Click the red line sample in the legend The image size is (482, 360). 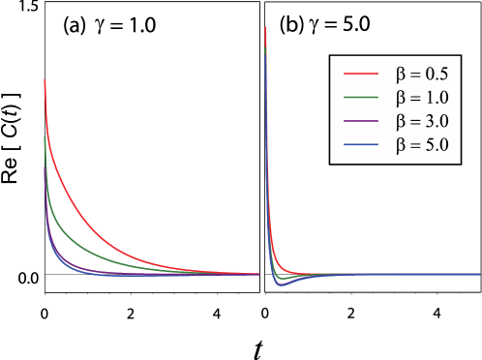point(359,73)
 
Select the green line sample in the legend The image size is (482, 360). point(359,97)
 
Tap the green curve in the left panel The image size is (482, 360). point(77,242)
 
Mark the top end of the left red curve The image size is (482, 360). point(45,79)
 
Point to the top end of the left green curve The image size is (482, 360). point(45,137)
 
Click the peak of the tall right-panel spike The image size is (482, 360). point(265,27)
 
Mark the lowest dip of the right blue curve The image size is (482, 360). point(282,285)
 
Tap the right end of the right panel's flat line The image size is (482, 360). point(479,274)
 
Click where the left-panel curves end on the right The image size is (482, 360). point(258,274)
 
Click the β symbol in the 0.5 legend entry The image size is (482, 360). point(401,74)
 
